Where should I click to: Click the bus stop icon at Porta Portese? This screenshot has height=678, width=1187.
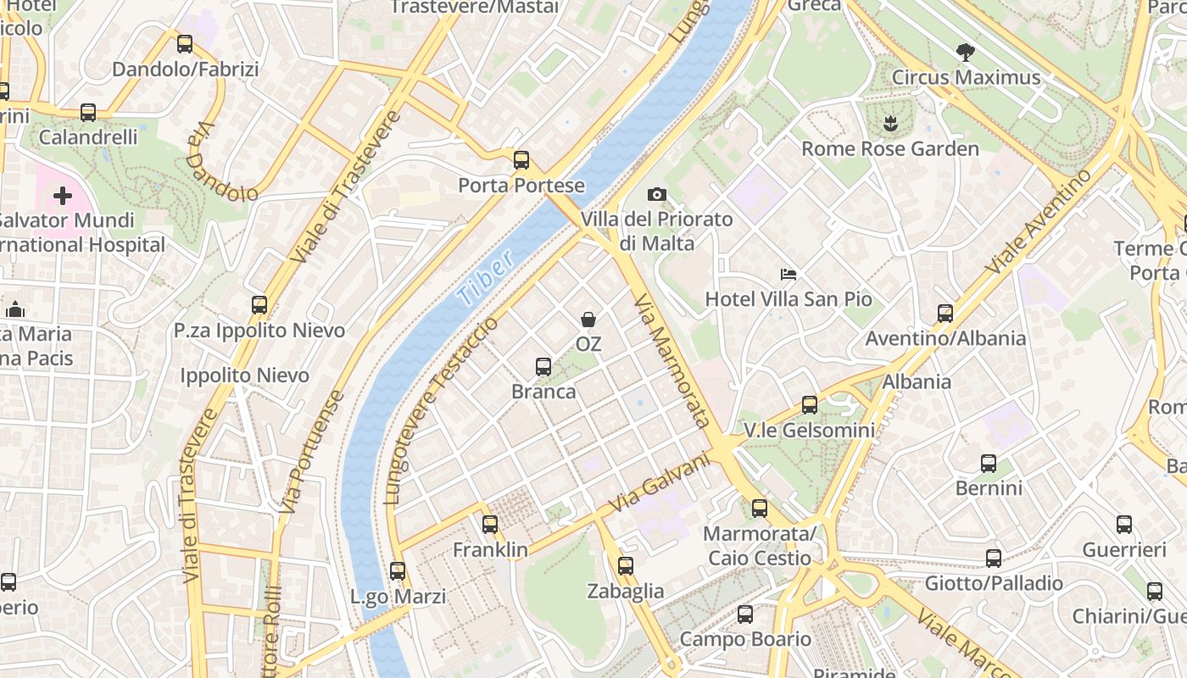coord(521,159)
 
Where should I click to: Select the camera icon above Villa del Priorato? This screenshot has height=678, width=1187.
coord(657,195)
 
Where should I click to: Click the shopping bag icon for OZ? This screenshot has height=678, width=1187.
coord(588,320)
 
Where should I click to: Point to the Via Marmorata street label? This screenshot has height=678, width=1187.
coord(672,361)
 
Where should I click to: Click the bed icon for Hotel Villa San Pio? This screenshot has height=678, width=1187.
coord(789,275)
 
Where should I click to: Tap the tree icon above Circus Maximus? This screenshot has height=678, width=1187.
coord(965,53)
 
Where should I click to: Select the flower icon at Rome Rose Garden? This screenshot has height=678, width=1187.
coord(889,125)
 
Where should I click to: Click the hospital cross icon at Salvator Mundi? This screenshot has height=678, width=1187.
coord(63,197)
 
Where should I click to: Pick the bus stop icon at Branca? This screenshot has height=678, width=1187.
coord(543,367)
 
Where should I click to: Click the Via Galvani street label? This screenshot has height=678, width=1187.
coord(659,483)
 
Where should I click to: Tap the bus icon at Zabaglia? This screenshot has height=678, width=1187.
coord(626,566)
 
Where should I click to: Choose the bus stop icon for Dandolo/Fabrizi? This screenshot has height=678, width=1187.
coord(185,44)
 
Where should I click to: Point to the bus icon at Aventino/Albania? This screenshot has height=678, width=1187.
coord(945,314)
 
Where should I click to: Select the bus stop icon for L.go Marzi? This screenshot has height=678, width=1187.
coord(398,571)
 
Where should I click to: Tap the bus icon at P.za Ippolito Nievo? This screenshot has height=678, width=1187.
coord(259,305)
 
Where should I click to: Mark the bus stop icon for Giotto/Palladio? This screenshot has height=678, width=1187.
coord(994,559)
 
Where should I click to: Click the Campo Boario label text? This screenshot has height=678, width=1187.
coord(745,639)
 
